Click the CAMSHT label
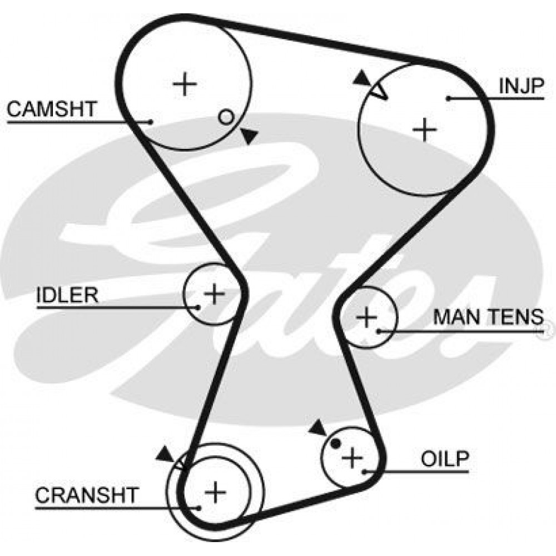point(52,109)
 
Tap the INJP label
point(521,86)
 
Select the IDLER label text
point(67,295)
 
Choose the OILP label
point(445,459)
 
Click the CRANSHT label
point(86,495)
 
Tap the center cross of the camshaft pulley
point(185,84)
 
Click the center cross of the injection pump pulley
point(425,129)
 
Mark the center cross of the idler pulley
point(215,294)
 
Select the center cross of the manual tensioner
point(366,317)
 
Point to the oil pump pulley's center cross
point(352,458)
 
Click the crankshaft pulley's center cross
point(215,492)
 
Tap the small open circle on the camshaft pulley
point(226,117)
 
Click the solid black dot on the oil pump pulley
point(335,443)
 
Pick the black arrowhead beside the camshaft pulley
point(249,135)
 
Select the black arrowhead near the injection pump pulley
point(362,78)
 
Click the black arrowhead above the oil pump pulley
point(318,428)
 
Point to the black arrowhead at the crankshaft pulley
point(165,454)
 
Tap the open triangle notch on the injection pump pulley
point(378,92)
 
